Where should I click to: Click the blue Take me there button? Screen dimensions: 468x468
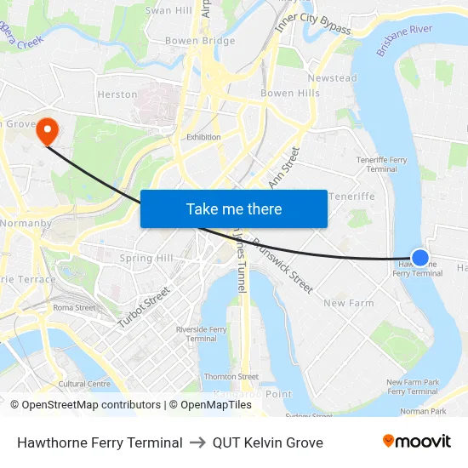click(x=233, y=208)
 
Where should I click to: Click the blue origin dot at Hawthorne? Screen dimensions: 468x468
click(x=419, y=257)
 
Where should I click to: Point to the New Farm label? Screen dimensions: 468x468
click(x=348, y=303)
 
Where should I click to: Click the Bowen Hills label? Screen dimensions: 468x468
click(x=289, y=93)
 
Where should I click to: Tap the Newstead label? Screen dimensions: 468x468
click(x=332, y=78)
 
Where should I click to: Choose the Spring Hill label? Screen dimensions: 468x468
click(x=146, y=258)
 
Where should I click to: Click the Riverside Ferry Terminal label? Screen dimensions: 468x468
click(x=201, y=334)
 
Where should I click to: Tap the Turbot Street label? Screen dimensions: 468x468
click(x=144, y=307)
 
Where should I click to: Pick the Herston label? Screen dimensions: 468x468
click(x=117, y=94)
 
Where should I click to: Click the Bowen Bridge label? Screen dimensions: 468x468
click(x=200, y=41)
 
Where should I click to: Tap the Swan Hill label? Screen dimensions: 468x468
click(x=168, y=10)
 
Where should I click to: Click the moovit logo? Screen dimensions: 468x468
click(x=417, y=441)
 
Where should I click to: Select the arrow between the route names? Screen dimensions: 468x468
click(x=197, y=442)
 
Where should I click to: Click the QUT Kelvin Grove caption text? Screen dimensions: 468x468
click(x=268, y=442)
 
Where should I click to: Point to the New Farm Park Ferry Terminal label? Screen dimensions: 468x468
click(x=412, y=387)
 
